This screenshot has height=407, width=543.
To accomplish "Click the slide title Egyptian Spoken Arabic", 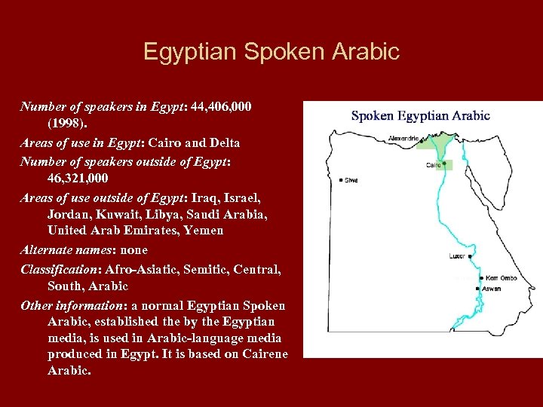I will coord(271,52).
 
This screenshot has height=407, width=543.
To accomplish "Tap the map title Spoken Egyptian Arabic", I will coord(420,116).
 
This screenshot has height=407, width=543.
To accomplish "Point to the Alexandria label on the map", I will coord(403,139).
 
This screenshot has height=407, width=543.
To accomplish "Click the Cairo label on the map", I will coord(433,165).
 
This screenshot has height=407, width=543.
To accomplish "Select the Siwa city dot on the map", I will coord(341,180).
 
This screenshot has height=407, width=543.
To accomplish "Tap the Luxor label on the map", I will coord(457,256).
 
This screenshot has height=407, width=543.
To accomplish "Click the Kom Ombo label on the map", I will coord(502,278).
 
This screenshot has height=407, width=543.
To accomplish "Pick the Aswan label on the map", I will coord(491,289).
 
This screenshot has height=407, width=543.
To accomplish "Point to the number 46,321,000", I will coord(78,179).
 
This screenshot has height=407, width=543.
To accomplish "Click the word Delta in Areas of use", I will coord(224,142).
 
